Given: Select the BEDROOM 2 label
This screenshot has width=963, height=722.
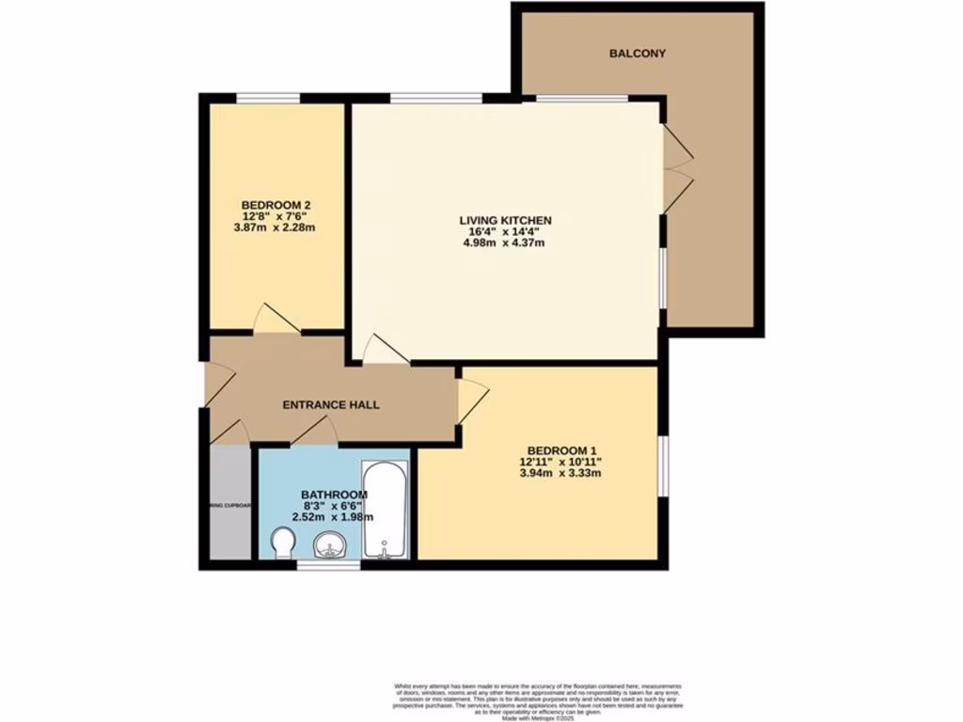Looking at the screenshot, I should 276,205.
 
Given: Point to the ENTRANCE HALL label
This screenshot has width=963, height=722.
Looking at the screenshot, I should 331,405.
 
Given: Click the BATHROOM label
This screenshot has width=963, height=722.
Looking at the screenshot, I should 334,494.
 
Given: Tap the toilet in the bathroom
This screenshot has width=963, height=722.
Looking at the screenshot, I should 282,543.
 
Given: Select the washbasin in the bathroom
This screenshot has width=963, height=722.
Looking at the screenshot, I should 330,545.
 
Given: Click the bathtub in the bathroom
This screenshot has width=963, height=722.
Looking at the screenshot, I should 385,510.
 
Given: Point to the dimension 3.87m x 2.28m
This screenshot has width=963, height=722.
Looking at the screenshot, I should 276,228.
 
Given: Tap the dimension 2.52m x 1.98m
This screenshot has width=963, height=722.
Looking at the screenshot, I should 334,516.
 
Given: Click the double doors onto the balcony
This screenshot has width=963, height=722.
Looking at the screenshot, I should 675,169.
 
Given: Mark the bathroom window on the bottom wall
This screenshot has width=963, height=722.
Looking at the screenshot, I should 328,566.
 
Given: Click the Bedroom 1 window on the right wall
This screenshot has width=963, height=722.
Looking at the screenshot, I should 663,464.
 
